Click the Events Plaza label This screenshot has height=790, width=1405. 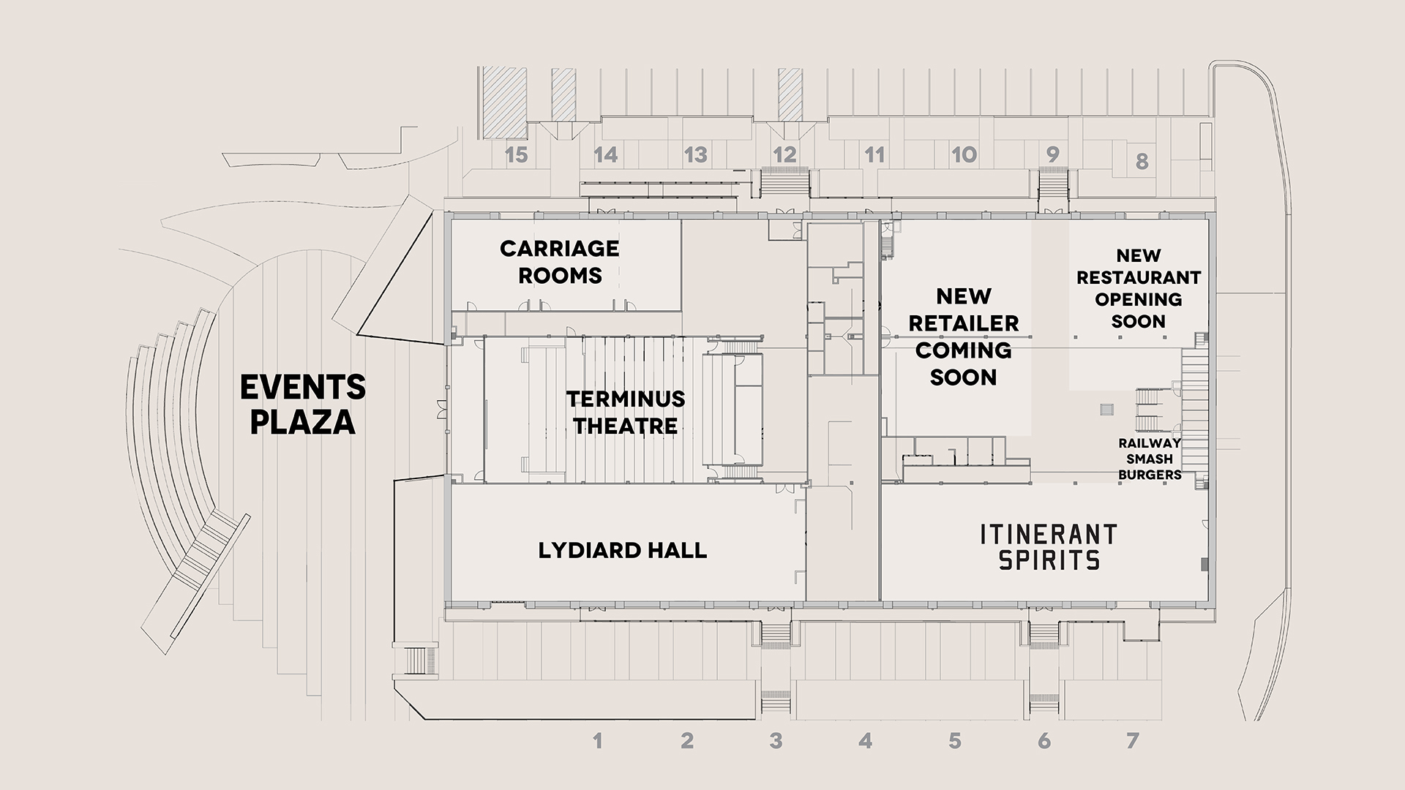(x=303, y=405)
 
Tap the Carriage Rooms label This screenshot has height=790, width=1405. (x=560, y=262)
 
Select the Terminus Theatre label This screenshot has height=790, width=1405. (x=626, y=412)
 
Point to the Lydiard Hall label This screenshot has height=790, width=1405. (x=623, y=550)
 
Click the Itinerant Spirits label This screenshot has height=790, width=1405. (x=1049, y=546)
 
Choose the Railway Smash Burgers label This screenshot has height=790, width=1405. (x=1150, y=459)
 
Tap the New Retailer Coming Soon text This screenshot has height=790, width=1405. (x=964, y=336)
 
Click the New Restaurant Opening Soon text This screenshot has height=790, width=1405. (x=1139, y=288)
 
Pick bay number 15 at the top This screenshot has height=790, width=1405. (x=517, y=155)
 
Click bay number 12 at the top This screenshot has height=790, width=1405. (x=784, y=155)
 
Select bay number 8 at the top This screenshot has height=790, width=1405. (x=1142, y=161)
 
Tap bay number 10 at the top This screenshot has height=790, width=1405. (x=964, y=155)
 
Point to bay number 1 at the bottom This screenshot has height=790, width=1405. (x=598, y=741)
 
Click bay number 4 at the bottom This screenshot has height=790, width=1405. (x=866, y=741)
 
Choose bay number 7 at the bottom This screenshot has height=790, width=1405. (x=1133, y=741)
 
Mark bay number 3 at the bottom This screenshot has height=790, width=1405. (x=776, y=741)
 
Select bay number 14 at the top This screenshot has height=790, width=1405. (x=606, y=155)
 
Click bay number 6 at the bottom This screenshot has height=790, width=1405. (x=1044, y=741)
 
